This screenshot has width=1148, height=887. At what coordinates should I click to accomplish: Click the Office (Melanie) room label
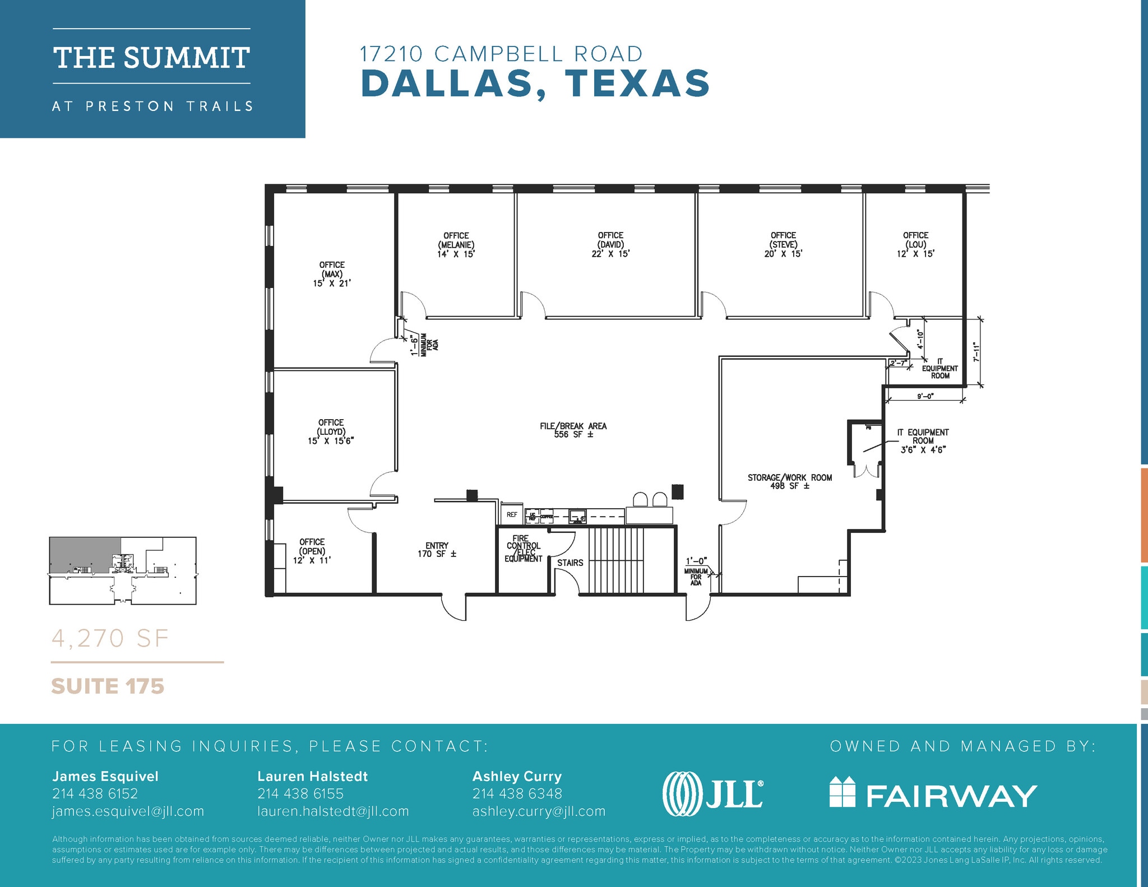click(x=456, y=245)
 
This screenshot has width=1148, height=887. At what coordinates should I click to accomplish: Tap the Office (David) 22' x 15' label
click(x=610, y=245)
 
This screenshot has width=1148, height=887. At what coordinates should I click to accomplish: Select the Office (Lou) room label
click(x=915, y=245)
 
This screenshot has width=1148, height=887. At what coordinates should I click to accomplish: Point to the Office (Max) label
click(x=332, y=274)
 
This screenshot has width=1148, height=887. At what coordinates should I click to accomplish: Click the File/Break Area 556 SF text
click(x=573, y=430)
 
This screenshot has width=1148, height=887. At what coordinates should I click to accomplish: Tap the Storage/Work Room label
click(x=789, y=481)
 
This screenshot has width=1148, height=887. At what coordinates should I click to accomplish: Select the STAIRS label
click(x=570, y=563)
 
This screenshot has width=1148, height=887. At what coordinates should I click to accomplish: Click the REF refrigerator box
click(x=512, y=514)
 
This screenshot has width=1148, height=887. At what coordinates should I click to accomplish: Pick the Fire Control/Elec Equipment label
click(x=523, y=549)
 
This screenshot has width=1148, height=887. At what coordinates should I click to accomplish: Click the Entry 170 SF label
click(x=437, y=550)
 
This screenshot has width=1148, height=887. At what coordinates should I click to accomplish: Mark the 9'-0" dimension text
click(x=925, y=397)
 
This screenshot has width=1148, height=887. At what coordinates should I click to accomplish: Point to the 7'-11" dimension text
click(x=976, y=352)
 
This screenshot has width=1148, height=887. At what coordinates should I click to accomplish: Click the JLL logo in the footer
click(x=712, y=794)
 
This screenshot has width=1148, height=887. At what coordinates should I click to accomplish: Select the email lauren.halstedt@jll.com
click(x=333, y=811)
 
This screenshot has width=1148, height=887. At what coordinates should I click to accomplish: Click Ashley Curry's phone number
click(x=517, y=793)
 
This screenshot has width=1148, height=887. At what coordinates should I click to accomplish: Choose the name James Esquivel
click(x=105, y=776)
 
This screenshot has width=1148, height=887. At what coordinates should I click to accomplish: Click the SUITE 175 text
click(x=108, y=686)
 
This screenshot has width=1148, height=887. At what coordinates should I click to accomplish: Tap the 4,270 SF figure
click(x=110, y=638)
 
